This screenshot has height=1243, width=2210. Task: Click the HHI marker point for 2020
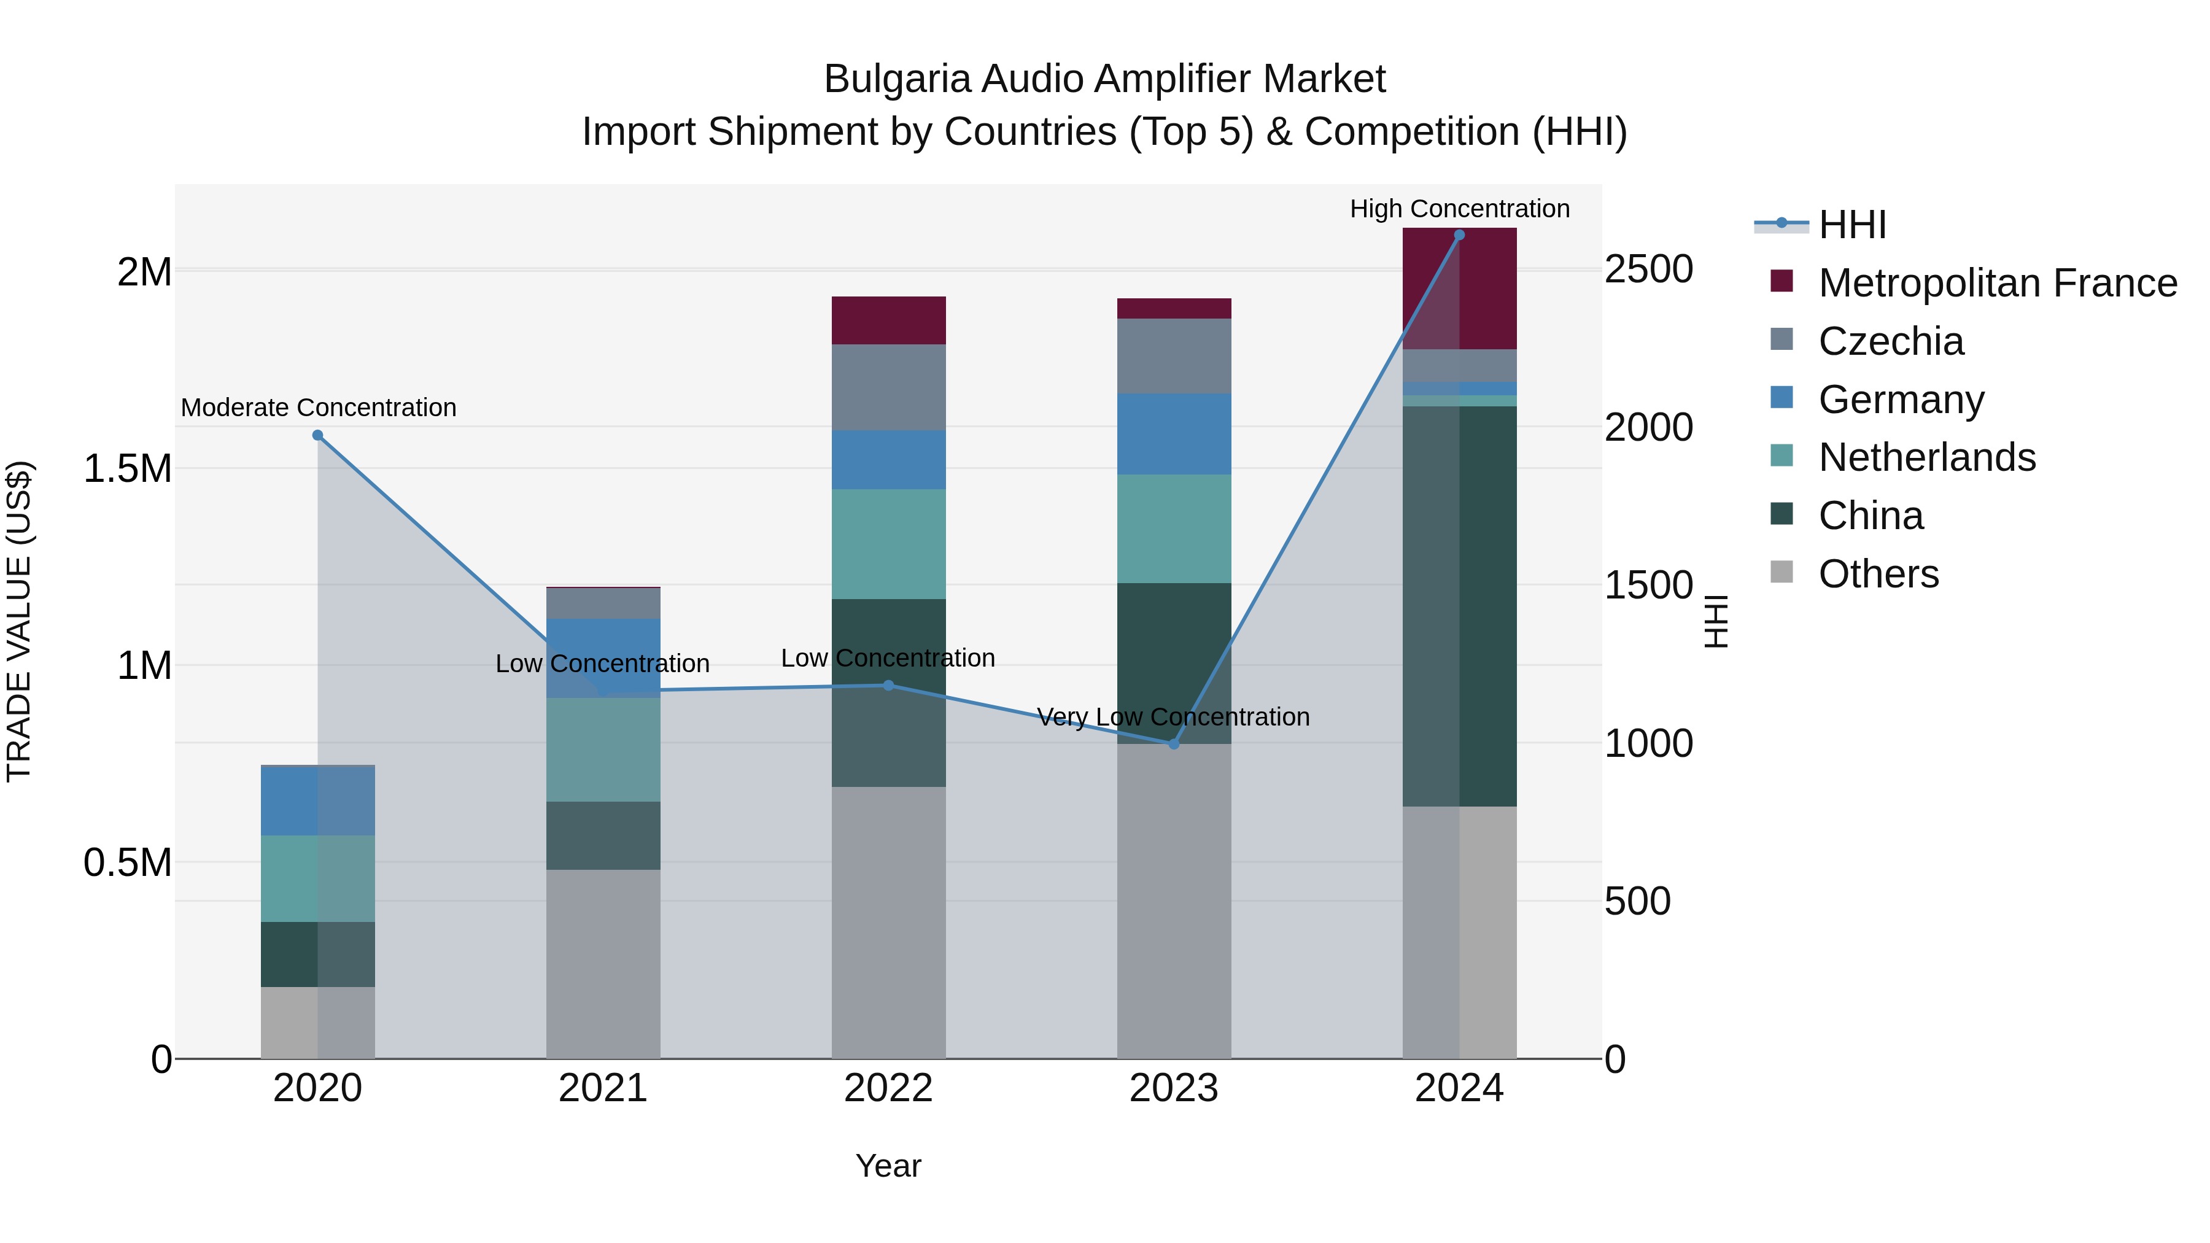tap(317, 435)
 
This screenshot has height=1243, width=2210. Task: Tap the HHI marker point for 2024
tap(1459, 235)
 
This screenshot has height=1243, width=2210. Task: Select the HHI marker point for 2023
tap(1174, 744)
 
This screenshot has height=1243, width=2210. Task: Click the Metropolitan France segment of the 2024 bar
tap(1459, 289)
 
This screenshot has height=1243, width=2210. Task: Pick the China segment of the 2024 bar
tap(1459, 606)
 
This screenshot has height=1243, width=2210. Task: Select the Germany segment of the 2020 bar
tap(317, 800)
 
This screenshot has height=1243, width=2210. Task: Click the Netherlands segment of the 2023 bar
tap(1174, 529)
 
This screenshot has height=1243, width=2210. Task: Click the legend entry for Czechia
tap(1890, 341)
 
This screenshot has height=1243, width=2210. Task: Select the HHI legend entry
tap(1851, 225)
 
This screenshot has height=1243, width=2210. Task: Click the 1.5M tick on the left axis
tap(127, 469)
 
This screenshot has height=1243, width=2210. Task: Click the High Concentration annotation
tap(1459, 209)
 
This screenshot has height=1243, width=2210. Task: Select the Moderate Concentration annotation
tap(318, 408)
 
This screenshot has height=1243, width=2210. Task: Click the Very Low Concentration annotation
tap(1173, 716)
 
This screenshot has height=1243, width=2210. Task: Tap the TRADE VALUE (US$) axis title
tap(19, 621)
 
